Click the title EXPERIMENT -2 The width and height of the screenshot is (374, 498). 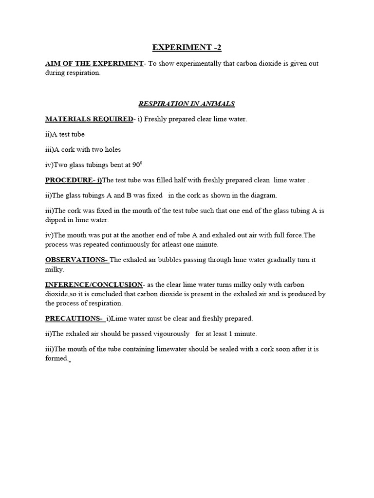[187, 47]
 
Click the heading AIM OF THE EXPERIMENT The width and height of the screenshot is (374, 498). [94, 64]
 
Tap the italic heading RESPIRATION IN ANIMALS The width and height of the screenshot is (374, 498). [187, 104]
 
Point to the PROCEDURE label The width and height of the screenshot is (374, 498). [74, 180]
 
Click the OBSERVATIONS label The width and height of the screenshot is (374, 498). [76, 260]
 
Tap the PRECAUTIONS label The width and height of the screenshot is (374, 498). [74, 319]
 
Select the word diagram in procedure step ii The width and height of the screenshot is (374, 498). [263, 196]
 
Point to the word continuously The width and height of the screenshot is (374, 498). [141, 245]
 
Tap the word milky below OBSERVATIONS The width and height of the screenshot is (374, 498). [54, 269]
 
